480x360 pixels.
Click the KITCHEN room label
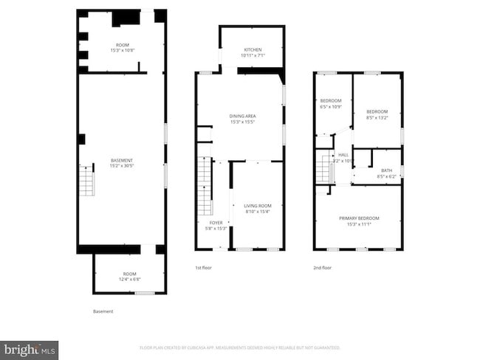pos(252,52)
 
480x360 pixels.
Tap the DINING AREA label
pos(242,119)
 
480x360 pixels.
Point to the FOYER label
pos(216,225)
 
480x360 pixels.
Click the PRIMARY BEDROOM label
pos(359,221)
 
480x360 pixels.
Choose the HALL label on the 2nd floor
pos(343,157)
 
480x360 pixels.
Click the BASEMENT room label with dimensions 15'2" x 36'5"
pos(122,163)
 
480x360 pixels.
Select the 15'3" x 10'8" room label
pos(122,47)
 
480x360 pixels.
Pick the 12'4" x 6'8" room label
pos(130,277)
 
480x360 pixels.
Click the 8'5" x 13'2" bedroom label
pos(377,114)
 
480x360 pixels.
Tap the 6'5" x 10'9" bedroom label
pos(330,103)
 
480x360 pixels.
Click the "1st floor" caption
pos(203,268)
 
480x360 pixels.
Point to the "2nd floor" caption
pos(322,268)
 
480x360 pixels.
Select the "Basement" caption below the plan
pos(103,311)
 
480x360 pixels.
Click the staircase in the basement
pos(86,181)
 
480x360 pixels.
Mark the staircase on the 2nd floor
pos(323,169)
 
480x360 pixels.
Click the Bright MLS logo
pos(30,350)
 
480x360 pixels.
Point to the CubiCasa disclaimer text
pos(240,347)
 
